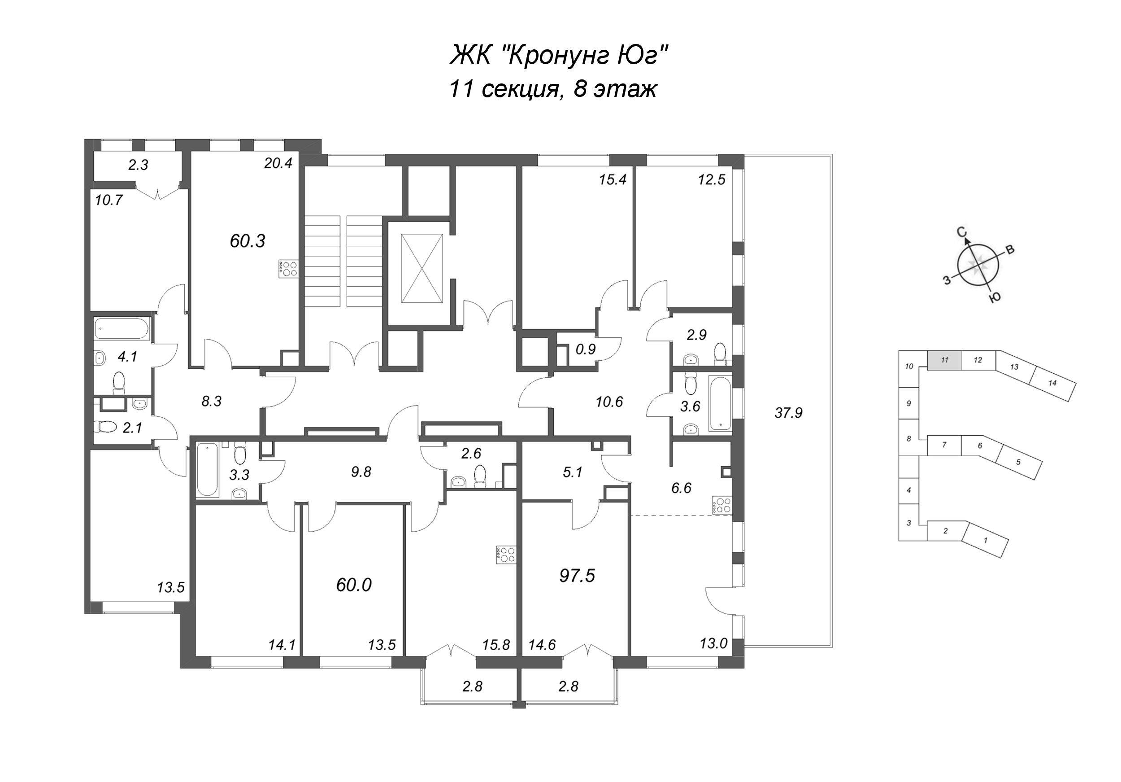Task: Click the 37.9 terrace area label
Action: tap(788, 413)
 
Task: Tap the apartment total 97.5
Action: tap(577, 577)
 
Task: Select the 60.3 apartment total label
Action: tap(248, 241)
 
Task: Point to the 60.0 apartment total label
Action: tap(354, 585)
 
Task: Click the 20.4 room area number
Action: tap(278, 163)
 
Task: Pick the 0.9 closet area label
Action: tap(586, 349)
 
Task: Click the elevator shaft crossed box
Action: tap(421, 268)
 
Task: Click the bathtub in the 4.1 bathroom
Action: tap(121, 329)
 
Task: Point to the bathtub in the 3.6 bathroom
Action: tap(721, 403)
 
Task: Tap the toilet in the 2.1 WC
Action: tap(107, 427)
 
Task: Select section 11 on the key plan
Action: tap(945, 360)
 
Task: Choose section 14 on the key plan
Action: tap(1052, 384)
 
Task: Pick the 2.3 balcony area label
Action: tap(138, 165)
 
